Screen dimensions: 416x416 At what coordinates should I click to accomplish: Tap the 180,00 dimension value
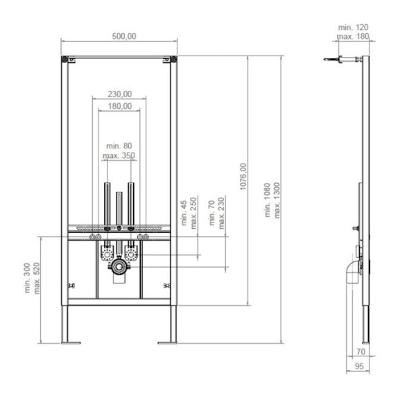point(119,106)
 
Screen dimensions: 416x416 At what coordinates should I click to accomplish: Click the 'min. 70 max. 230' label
point(218,211)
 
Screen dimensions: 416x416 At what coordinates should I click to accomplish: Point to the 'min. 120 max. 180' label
point(353,31)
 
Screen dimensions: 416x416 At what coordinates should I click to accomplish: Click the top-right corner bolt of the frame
point(173,60)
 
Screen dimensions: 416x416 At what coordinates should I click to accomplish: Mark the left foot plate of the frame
point(71,340)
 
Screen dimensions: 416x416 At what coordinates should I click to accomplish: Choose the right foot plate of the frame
point(168,340)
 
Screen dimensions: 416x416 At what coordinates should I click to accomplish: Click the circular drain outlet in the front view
point(119,266)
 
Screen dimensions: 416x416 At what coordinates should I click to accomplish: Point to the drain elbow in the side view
point(351,272)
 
